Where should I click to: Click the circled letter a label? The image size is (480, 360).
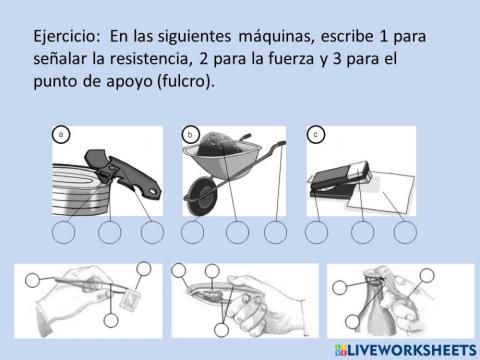62,133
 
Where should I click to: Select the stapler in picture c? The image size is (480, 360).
336,180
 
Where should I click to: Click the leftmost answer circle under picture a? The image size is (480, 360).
64,232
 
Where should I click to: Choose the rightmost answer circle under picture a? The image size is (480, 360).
151,232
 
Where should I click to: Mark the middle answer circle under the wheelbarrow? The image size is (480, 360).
237,232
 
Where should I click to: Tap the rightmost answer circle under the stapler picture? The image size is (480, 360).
404,232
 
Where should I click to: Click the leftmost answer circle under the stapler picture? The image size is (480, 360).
317,232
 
